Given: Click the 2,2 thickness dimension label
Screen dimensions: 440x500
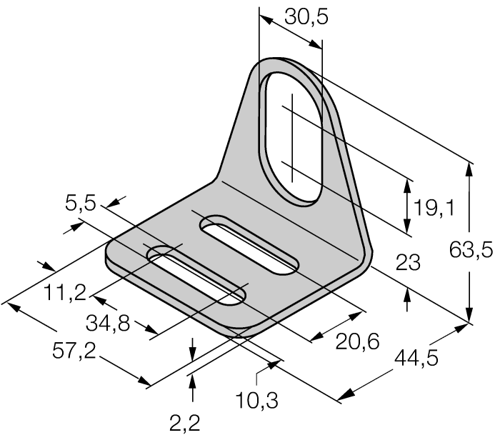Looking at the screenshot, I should point(185,425).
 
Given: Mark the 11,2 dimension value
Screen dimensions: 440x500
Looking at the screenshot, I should point(64,292).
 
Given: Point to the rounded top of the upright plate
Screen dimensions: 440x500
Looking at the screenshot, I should point(286,61).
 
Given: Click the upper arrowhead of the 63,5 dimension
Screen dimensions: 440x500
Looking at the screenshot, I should point(469,168).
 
